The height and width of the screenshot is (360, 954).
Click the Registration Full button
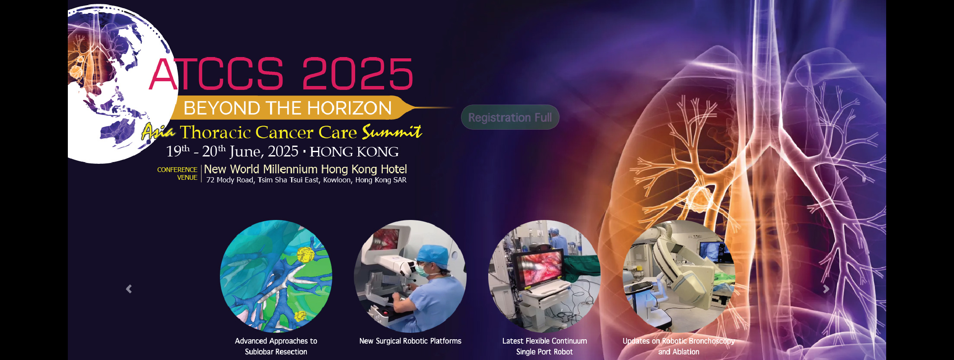click(x=510, y=117)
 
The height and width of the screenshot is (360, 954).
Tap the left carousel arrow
click(x=129, y=289)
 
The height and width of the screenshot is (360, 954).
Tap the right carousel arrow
click(x=826, y=289)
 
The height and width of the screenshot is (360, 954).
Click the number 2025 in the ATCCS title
click(x=357, y=74)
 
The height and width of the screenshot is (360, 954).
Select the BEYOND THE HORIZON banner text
click(x=288, y=108)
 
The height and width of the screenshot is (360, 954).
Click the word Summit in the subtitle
click(x=392, y=131)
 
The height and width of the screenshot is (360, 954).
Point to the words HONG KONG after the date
click(x=354, y=152)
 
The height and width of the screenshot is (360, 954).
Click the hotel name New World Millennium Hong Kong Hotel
click(x=305, y=169)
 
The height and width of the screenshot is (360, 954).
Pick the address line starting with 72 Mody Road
click(x=306, y=180)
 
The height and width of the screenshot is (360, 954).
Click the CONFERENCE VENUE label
click(x=178, y=174)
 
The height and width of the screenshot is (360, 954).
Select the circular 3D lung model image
click(x=276, y=276)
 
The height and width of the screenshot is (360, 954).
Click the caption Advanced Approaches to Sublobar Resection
click(x=276, y=346)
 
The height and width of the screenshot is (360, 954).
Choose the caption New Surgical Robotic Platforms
click(x=410, y=341)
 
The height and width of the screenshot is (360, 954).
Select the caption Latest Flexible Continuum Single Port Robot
click(x=544, y=346)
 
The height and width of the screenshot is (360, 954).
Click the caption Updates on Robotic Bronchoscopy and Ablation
click(x=679, y=346)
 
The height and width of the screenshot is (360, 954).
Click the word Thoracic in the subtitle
click(x=216, y=132)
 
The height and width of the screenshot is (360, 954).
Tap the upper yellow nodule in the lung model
click(x=305, y=255)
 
